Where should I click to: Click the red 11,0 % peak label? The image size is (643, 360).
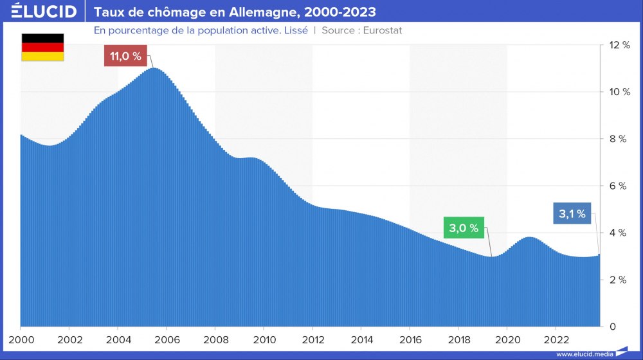125,57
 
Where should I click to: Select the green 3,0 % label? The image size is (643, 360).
464,228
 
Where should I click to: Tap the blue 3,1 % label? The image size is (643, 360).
572,214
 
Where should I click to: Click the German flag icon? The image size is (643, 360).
43,48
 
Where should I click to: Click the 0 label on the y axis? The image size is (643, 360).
613,327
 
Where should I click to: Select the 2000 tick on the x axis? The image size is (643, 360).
21,339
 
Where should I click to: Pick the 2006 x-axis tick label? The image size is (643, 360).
167,339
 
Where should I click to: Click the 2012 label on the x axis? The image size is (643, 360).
312,339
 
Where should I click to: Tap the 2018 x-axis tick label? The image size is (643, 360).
458,339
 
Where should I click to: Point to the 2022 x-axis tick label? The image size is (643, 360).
556,339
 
